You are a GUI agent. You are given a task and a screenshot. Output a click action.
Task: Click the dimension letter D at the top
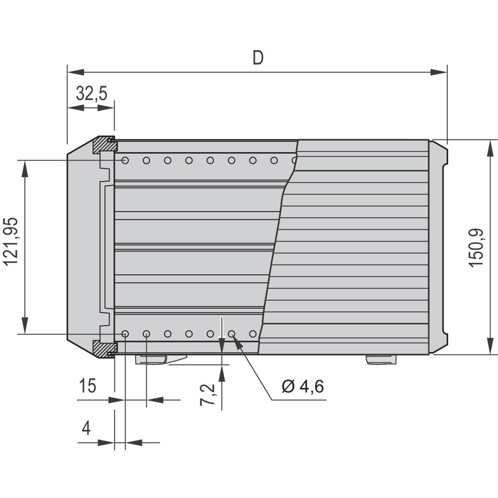point(258,58)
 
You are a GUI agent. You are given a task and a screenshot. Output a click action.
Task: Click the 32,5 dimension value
point(92,94)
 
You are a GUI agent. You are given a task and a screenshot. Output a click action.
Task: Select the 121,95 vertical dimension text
point(12,242)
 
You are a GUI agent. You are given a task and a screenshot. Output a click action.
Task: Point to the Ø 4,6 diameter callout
point(303,386)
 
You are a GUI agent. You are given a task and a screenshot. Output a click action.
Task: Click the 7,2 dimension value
point(207,395)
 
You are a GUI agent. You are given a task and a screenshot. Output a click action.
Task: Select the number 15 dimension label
point(88,386)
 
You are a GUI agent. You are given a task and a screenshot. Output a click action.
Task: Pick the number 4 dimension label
point(86,428)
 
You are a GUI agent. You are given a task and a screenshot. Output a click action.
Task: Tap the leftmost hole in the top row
point(125,160)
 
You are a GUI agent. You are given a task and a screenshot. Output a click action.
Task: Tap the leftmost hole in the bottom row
point(125,334)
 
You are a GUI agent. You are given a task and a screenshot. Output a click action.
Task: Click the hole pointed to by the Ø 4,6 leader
point(232,334)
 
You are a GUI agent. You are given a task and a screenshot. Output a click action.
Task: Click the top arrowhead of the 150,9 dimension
point(491,148)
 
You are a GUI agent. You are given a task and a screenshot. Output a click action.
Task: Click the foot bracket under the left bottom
point(160,359)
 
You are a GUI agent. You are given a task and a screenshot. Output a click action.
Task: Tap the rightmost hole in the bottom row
point(253,334)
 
